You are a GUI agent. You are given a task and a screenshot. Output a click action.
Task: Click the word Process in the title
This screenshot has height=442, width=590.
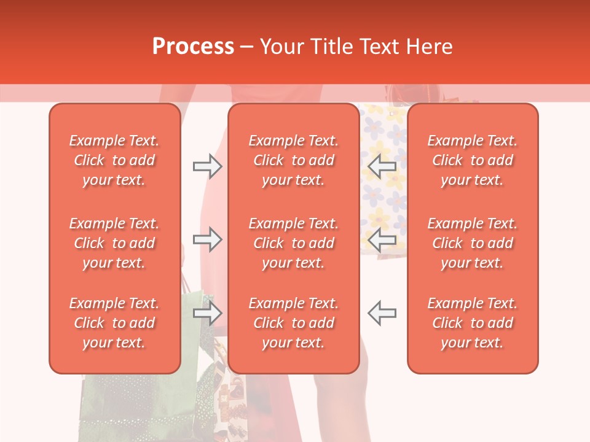click(193, 47)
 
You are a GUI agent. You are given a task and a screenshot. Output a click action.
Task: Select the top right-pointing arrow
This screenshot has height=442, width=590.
click(208, 166)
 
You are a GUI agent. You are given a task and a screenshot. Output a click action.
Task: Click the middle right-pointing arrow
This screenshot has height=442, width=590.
click(208, 239)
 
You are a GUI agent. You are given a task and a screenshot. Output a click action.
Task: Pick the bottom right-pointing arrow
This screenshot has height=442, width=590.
click(208, 313)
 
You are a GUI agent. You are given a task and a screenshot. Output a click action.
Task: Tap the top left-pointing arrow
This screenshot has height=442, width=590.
click(382, 166)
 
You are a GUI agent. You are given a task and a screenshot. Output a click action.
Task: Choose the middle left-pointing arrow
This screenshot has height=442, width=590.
click(382, 239)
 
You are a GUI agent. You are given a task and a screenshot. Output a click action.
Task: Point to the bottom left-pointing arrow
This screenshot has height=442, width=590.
click(382, 313)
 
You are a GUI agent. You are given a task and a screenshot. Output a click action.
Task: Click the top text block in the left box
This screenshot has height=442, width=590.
click(114, 160)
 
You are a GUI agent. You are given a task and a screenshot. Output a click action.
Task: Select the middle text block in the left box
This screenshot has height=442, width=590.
click(114, 243)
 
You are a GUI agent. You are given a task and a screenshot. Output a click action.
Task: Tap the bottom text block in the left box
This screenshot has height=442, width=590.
click(114, 323)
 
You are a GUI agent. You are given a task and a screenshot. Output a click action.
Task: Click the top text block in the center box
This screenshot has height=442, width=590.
click(294, 160)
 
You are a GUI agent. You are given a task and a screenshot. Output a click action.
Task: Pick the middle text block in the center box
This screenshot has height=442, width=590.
click(294, 243)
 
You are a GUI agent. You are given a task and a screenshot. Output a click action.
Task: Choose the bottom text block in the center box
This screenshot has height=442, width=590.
click(294, 323)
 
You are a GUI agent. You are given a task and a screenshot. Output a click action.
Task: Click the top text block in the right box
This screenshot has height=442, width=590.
click(473, 160)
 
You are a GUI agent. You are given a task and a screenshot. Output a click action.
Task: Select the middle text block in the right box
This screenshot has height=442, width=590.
click(473, 243)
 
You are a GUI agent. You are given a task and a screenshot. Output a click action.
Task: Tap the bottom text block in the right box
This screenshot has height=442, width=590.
click(473, 323)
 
